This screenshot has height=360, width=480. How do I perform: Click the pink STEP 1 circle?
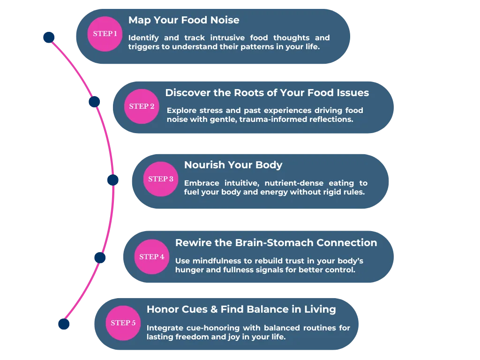(x=105, y=34)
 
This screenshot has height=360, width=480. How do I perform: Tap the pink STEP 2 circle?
(x=142, y=106)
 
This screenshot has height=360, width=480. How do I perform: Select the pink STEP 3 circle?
(x=161, y=179)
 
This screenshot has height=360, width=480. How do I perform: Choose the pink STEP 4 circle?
(x=152, y=257)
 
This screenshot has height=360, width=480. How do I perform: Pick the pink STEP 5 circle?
(x=123, y=323)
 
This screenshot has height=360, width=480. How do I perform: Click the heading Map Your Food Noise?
(x=184, y=20)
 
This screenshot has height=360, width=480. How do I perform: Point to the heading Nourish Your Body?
(x=233, y=165)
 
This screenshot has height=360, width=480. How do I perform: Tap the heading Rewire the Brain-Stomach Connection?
(x=276, y=243)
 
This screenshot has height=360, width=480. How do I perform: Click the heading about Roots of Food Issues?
(x=267, y=93)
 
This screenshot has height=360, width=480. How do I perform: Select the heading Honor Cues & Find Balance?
(x=241, y=309)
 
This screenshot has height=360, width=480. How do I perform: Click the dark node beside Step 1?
(x=49, y=37)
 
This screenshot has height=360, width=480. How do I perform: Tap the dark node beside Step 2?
(x=94, y=101)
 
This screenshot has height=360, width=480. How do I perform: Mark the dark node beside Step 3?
(x=112, y=180)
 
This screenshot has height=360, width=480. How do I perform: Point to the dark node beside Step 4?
(x=100, y=257)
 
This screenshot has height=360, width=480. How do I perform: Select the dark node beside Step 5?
(x=64, y=324)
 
